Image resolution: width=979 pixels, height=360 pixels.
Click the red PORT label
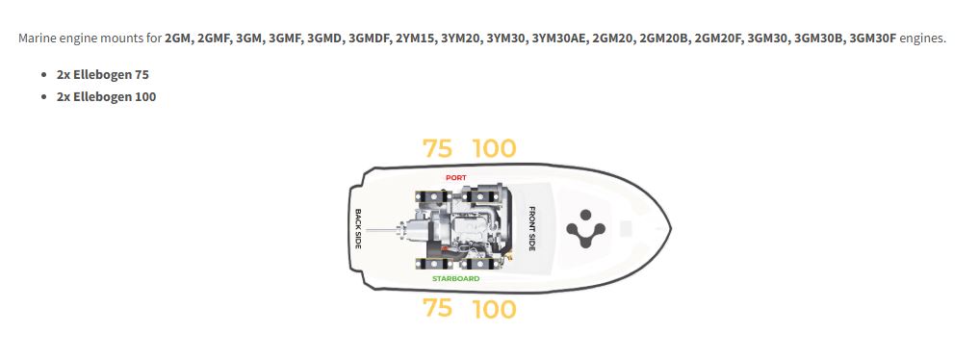point(455,178)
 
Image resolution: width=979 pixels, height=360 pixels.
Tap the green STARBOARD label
point(455,278)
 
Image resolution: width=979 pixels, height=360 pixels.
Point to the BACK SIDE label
point(358,228)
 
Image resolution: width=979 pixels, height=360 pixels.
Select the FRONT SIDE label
point(532,228)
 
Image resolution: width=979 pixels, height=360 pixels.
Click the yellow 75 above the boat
point(437,148)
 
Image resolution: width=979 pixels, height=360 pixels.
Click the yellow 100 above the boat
point(495,148)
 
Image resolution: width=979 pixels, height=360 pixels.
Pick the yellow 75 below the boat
point(437,308)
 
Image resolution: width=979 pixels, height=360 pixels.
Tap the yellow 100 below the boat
point(495,309)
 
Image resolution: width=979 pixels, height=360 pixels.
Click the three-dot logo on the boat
point(585,229)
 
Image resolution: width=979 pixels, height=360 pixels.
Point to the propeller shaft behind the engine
point(381,231)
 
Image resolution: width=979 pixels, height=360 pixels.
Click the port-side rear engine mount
point(431,196)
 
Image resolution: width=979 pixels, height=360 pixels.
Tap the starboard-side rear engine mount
point(431,264)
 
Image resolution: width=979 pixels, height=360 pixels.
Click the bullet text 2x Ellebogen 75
point(102,74)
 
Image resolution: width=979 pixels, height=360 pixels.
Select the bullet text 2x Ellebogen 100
point(106,96)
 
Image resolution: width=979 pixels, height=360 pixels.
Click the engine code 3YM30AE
point(558,39)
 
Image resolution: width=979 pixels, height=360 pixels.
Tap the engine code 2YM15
point(415,39)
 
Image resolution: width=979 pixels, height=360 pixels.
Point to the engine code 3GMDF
point(369,39)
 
